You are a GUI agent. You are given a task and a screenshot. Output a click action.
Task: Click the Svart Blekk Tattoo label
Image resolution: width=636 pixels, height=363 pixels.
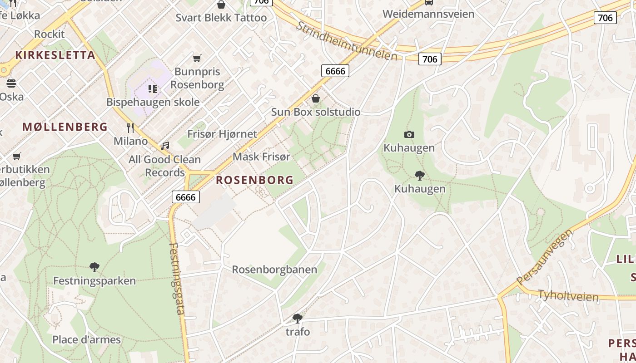point(221,18)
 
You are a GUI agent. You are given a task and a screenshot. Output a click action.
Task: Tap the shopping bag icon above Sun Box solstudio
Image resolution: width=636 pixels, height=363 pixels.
point(316,98)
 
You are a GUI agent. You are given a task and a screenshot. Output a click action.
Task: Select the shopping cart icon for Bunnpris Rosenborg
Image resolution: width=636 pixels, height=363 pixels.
point(197,58)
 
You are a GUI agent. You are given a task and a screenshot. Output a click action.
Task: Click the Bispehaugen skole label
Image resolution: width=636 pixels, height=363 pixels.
point(153,102)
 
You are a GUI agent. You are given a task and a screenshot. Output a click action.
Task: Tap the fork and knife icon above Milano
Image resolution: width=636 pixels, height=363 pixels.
point(130,128)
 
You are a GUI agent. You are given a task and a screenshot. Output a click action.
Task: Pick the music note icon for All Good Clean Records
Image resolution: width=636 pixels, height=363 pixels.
point(165,146)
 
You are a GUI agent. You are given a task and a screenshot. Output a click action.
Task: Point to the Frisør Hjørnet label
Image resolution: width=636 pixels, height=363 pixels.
point(222,134)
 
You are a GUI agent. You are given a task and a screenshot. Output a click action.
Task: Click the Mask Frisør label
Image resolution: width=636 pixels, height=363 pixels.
point(261,157)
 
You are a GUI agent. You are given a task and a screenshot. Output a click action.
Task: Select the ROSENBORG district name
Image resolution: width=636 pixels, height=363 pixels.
point(254,180)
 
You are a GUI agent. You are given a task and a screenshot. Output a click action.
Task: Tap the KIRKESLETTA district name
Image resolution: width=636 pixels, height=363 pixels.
point(55,55)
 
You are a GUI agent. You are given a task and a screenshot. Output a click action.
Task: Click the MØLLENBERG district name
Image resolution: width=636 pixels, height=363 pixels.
point(65,127)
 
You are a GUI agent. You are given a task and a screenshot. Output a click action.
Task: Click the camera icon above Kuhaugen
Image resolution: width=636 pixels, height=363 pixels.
point(409,134)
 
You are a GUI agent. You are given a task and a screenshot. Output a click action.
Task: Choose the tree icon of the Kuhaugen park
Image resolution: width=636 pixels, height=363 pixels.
point(420,175)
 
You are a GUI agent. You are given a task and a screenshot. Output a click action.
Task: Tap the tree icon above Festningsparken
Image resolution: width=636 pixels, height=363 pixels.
point(94,267)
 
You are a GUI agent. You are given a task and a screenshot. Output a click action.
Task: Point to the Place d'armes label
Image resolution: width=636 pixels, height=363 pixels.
point(86,339)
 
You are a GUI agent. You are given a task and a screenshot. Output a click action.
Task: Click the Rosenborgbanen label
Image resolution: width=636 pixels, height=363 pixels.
point(274,270)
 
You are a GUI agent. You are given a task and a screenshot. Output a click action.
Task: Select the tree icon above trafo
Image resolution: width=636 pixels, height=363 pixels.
point(298,318)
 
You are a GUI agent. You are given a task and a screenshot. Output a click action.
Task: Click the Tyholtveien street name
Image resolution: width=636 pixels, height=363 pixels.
point(568,295)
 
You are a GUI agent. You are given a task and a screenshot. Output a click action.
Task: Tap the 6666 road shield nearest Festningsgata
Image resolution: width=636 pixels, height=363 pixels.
point(185,196)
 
